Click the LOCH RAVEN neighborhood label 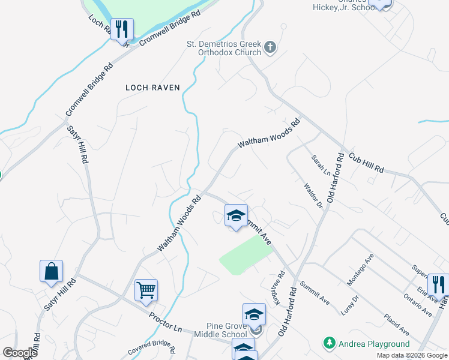point(152,88)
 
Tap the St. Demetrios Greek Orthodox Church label point(223,49)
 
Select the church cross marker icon point(270,47)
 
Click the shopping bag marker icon point(52,271)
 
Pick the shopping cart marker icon point(146,291)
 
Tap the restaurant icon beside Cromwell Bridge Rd point(122,28)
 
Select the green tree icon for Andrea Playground point(329,344)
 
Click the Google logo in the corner point(20,352)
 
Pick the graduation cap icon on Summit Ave point(237,215)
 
